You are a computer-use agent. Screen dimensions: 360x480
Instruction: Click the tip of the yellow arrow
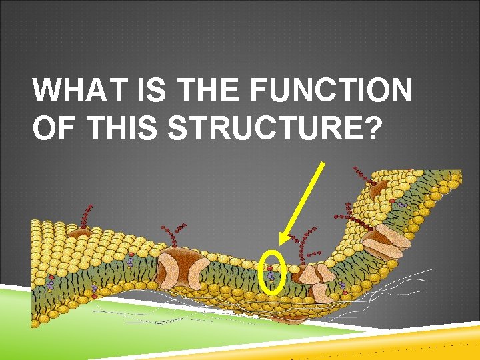(x=281, y=243)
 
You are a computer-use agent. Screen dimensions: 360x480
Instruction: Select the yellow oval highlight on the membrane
(x=271, y=271)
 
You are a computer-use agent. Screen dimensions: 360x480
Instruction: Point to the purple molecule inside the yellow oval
(x=271, y=274)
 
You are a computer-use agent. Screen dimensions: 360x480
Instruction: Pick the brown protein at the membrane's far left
(x=79, y=233)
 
